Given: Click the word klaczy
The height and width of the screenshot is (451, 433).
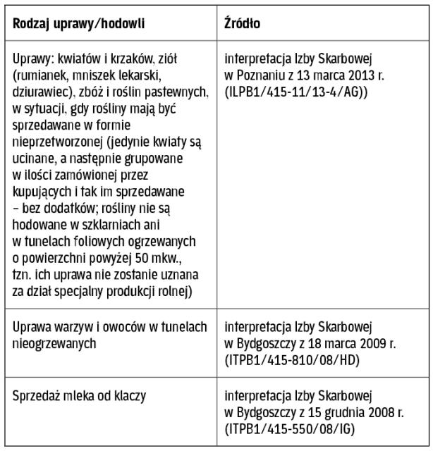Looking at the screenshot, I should (x=130, y=396).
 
